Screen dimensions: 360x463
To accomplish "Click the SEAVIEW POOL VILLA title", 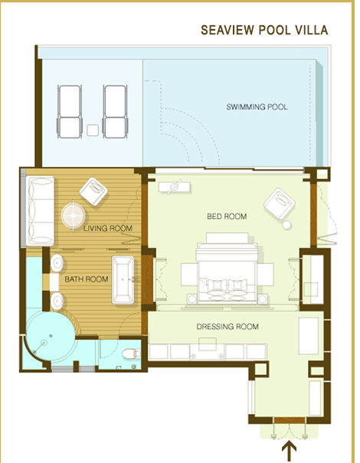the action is click(264, 30).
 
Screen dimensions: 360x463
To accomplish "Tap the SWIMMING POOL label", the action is click(257, 107).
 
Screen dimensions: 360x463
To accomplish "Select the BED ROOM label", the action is click(227, 217).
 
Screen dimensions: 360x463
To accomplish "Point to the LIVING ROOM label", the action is click(107, 228).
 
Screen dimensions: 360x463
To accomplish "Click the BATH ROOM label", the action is click(87, 279).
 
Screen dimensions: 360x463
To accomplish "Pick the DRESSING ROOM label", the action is click(227, 327).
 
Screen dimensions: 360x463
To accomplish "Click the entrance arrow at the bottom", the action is click(289, 451).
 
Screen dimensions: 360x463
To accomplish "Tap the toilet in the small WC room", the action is click(131, 354).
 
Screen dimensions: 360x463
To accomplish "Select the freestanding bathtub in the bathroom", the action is click(123, 280).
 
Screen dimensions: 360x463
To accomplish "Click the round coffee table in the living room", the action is click(73, 215).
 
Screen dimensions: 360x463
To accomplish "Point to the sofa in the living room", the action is click(40, 210).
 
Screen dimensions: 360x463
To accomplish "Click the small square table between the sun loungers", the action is click(93, 130).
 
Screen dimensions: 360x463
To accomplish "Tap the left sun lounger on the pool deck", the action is click(70, 112).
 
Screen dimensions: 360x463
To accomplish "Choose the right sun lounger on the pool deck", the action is click(115, 112).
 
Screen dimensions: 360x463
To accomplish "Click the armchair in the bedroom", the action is click(280, 204).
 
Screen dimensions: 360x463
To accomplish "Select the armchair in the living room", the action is click(93, 191).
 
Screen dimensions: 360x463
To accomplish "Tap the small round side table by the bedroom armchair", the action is click(286, 225).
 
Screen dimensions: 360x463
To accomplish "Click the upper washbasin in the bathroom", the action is click(57, 262).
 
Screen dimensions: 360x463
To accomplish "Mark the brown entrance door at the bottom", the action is click(289, 420).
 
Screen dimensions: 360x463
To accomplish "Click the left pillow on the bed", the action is click(217, 285).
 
